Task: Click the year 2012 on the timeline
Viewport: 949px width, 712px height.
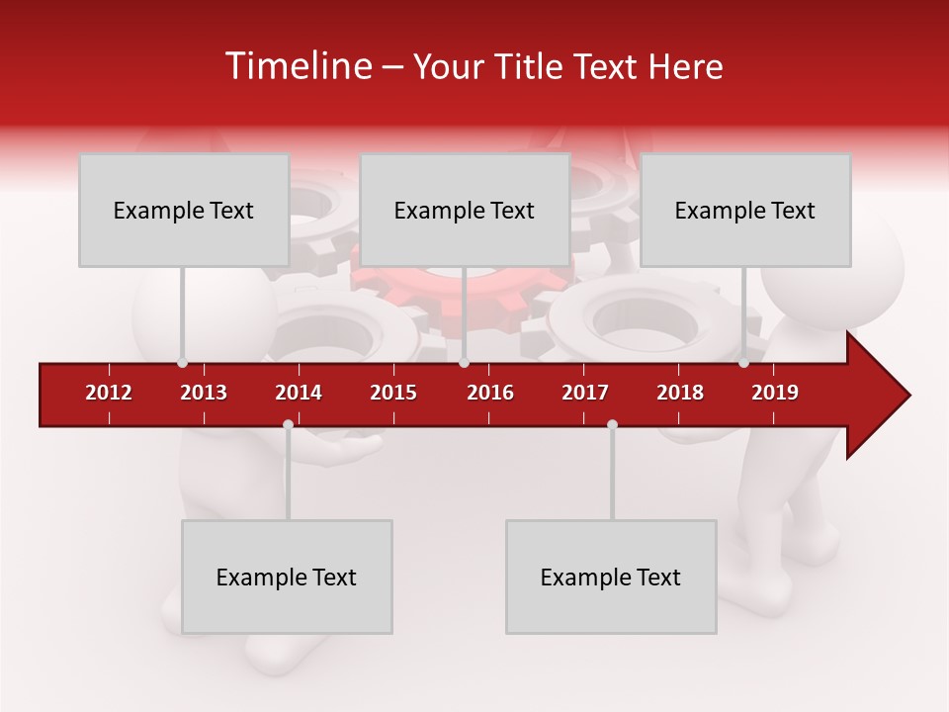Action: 109,393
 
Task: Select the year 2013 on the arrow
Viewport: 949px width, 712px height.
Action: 204,393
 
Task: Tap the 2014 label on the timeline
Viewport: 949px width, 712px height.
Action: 299,393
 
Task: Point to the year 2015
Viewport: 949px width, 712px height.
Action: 393,393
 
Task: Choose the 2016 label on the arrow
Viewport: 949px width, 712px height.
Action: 490,393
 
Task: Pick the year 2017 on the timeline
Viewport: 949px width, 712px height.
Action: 585,393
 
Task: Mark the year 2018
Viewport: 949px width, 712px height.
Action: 680,393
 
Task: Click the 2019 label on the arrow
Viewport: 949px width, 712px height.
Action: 775,393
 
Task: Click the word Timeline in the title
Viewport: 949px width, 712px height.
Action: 297,66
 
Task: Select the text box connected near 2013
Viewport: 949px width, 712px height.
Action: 184,210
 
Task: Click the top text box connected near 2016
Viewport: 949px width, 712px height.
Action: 465,210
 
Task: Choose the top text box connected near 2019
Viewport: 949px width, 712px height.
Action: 745,210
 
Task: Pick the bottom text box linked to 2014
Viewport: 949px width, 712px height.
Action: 287,577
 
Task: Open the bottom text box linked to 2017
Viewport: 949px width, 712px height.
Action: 611,577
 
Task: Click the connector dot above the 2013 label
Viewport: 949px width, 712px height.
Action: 182,363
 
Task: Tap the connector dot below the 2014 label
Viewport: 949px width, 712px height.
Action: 288,424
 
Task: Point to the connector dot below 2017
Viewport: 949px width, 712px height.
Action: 612,424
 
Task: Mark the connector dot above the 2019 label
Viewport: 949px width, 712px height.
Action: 743,363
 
